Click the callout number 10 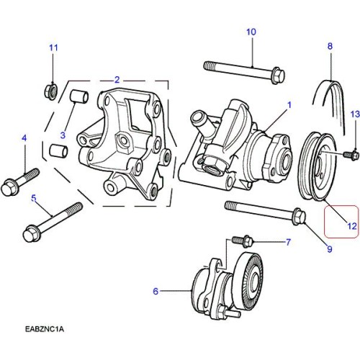pyautogui.click(x=251, y=32)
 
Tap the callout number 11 pyautogui.click(x=53, y=48)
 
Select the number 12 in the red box pyautogui.click(x=352, y=226)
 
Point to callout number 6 pyautogui.click(x=156, y=291)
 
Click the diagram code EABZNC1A pyautogui.click(x=45, y=329)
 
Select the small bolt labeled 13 pyautogui.click(x=351, y=155)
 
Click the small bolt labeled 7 pyautogui.click(x=243, y=240)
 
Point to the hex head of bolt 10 pyautogui.click(x=278, y=75)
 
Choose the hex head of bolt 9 pyautogui.click(x=299, y=216)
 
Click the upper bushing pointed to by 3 pyautogui.click(x=79, y=96)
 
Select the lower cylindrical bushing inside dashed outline pyautogui.click(x=58, y=150)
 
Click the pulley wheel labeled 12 pyautogui.click(x=318, y=166)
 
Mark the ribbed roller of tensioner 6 pyautogui.click(x=248, y=282)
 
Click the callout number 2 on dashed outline pyautogui.click(x=117, y=80)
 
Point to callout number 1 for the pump pyautogui.click(x=289, y=104)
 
